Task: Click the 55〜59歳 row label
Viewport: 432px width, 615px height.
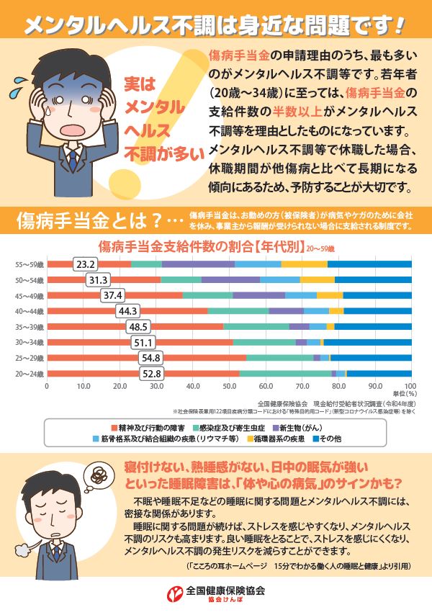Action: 30,264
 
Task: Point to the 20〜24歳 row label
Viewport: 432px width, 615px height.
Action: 30,374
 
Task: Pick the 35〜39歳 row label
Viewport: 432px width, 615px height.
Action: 30,327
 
